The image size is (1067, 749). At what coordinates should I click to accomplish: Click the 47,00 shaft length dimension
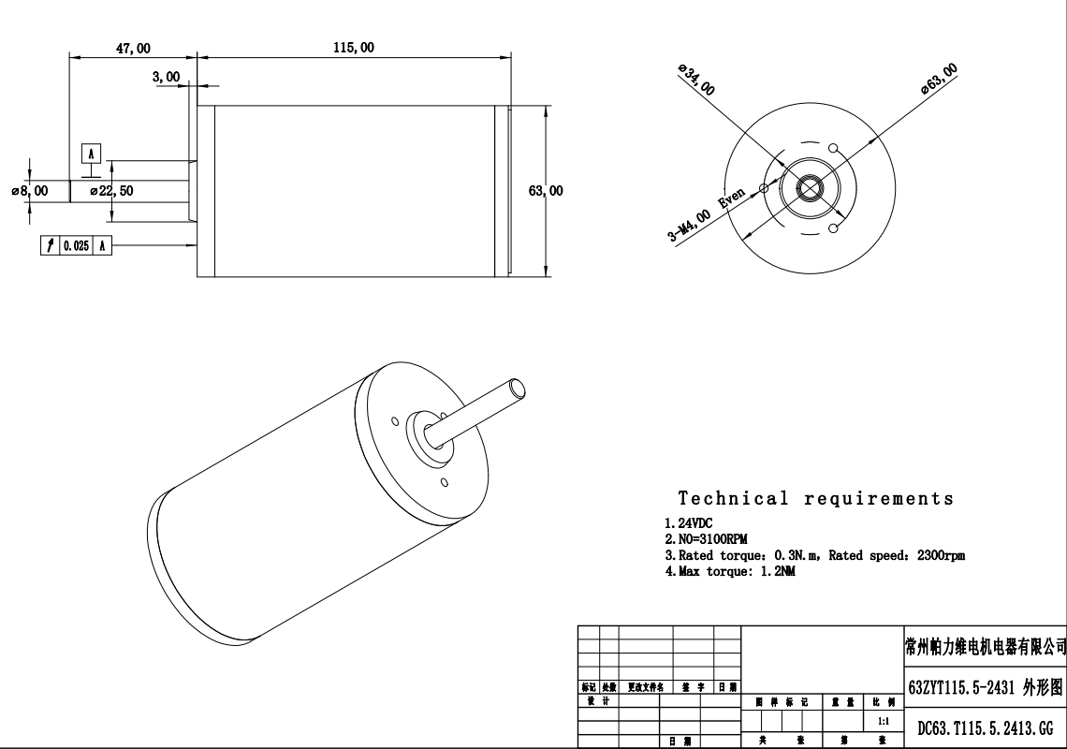132,48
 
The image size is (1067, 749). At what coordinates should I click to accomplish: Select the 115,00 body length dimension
353,48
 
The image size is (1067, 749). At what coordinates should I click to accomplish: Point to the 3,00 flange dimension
166,78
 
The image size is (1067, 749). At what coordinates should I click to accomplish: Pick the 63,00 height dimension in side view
546,191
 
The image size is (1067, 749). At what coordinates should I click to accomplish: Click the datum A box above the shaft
91,154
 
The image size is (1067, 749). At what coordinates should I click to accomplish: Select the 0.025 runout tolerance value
76,245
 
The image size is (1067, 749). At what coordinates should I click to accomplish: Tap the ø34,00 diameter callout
696,81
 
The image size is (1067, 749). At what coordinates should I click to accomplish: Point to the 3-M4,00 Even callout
707,214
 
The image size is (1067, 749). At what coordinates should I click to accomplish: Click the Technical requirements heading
815,499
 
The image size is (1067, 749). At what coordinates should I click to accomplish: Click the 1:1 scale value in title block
883,722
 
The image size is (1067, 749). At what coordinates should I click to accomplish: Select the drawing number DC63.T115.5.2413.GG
985,727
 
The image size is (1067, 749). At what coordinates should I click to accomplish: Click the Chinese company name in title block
985,646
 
